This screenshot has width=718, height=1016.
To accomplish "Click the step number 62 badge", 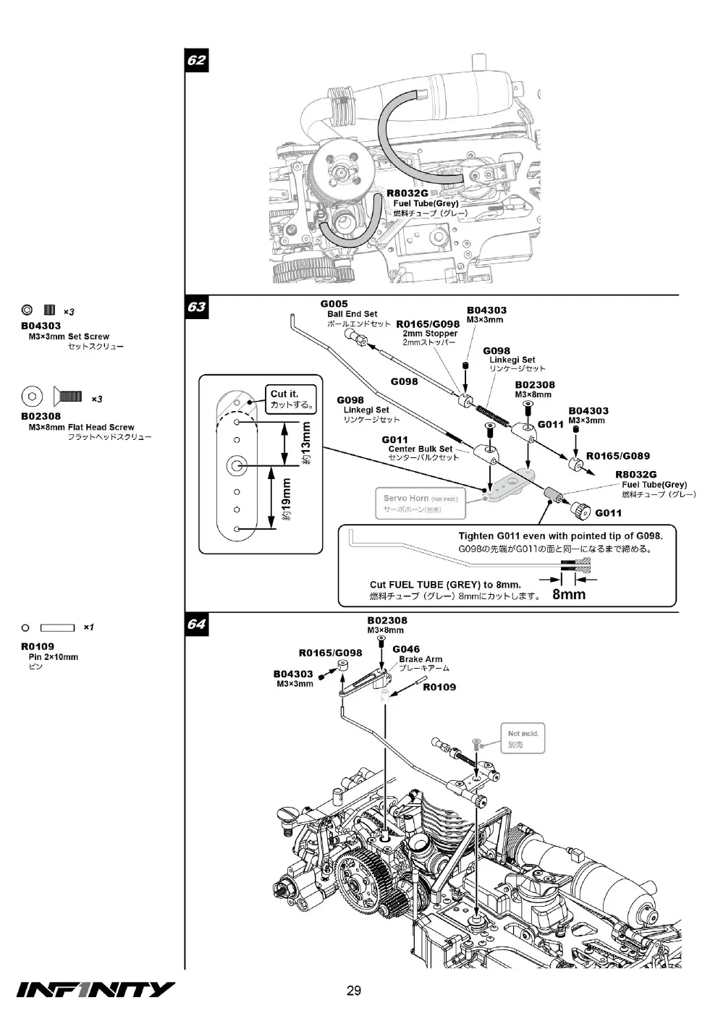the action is tap(197, 60).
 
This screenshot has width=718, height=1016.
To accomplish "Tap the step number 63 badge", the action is tap(197, 307).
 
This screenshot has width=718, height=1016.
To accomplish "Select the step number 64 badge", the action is tap(197, 624).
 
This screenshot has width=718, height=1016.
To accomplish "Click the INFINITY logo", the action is tap(96, 989).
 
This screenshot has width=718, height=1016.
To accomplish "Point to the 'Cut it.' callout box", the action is tap(290, 399).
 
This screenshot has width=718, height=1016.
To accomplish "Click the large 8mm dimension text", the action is tap(569, 594).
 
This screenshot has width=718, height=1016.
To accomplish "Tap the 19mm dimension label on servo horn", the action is tap(287, 499).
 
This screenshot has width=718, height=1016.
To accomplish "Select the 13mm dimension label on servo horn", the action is tap(306, 443).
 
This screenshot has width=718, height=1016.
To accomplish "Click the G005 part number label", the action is tap(334, 304).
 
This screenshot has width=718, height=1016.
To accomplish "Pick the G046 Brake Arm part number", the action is tap(406, 649).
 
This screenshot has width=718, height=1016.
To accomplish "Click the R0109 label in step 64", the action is tap(439, 687).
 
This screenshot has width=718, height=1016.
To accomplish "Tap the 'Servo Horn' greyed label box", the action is tap(421, 504).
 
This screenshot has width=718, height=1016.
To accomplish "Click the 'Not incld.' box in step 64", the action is tap(523, 738).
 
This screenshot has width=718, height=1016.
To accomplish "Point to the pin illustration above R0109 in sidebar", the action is tap(58, 627).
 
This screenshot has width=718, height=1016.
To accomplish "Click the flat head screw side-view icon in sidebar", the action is tap(67, 397).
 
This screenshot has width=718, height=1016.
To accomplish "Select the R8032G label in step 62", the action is tap(407, 193).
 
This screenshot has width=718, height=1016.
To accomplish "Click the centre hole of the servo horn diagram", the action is tap(236, 466).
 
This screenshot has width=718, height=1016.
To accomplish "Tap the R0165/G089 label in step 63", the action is tap(618, 456).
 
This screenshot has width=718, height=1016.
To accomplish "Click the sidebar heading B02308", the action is tap(41, 416).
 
